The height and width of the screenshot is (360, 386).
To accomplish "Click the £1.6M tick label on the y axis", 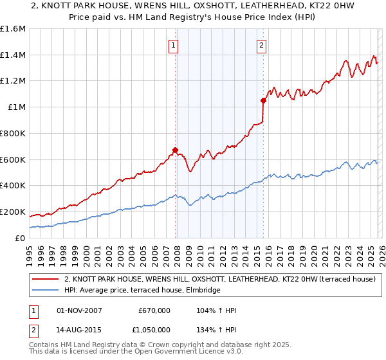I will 12,29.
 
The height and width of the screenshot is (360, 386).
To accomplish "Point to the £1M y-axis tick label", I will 16,107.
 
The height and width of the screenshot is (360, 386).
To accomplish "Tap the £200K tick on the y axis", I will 12,212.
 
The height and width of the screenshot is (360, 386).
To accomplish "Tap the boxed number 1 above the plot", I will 174,45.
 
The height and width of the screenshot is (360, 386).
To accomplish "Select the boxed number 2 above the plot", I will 262,45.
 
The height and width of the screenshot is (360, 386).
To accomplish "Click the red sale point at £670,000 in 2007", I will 175,150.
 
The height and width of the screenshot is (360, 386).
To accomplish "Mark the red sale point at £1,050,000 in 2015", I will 263,100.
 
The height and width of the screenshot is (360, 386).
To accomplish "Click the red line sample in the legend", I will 46,279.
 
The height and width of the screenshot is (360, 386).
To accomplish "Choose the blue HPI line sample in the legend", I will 46,291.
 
